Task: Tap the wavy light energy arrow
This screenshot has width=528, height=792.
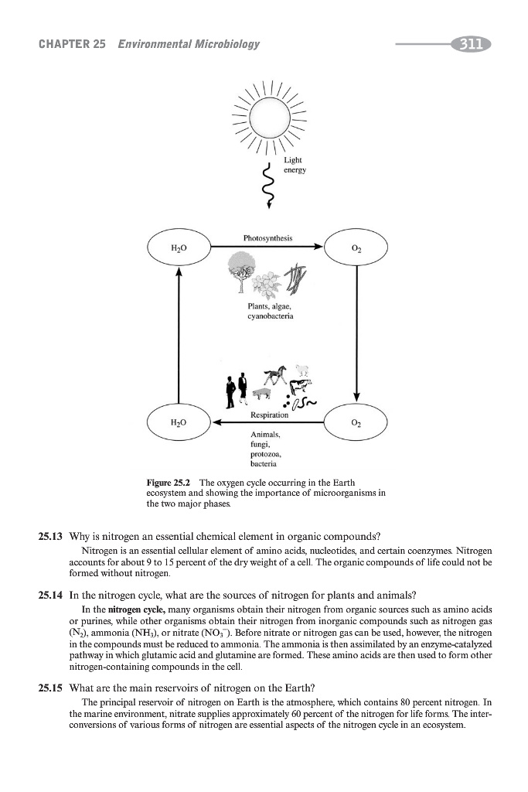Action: tap(270, 186)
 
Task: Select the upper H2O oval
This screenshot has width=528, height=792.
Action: tap(178, 248)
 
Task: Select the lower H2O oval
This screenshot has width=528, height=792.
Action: tap(178, 423)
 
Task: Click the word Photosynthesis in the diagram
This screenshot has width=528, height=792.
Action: tap(266, 238)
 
